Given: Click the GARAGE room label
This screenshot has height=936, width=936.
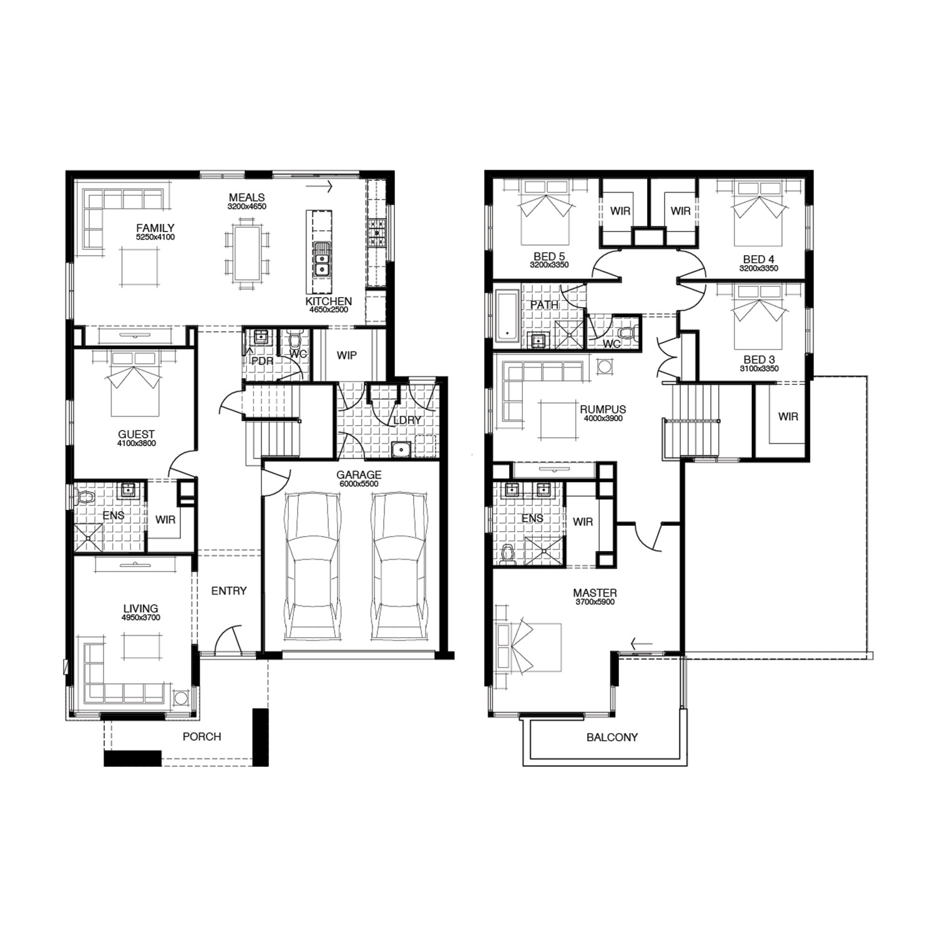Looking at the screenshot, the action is pos(359,475).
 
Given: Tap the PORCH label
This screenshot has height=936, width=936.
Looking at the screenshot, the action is pos(202,737).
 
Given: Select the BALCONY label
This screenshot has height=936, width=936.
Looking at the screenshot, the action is pos(612,738).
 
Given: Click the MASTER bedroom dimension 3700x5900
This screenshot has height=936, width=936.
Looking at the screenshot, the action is pos(595,602).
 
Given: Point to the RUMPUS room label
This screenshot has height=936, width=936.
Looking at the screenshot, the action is pos(603,410).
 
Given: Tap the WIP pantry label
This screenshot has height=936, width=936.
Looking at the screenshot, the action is pos(347,355).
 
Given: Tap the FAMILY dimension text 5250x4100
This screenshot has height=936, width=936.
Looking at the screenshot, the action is pos(155,237).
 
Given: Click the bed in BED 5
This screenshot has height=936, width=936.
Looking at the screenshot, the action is pos(546,213).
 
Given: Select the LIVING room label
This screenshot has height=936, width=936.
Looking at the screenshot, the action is pos(140,608).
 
